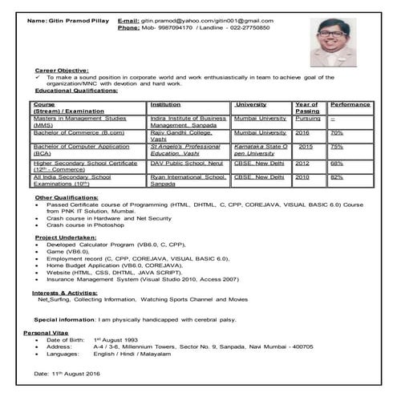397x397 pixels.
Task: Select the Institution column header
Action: coord(171,104)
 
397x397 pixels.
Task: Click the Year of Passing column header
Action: coord(307,107)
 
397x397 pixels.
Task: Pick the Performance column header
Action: coord(350,104)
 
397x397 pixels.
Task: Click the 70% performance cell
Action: coord(338,132)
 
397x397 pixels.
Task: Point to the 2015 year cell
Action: coord(306,147)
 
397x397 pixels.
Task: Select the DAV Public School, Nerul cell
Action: coord(187,162)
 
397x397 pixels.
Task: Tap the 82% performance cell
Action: coord(338,176)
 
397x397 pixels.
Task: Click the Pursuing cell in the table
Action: coord(308,118)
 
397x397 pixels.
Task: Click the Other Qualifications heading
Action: coord(67,196)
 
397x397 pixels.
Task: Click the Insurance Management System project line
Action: coord(143,279)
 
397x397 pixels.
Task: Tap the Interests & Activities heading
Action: coord(68,293)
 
